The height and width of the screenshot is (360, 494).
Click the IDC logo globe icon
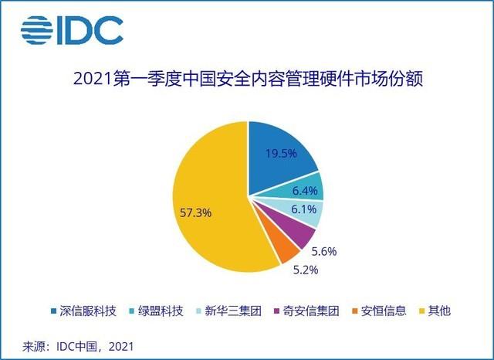click(x=36, y=29)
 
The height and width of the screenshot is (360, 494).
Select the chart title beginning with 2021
click(x=247, y=79)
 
